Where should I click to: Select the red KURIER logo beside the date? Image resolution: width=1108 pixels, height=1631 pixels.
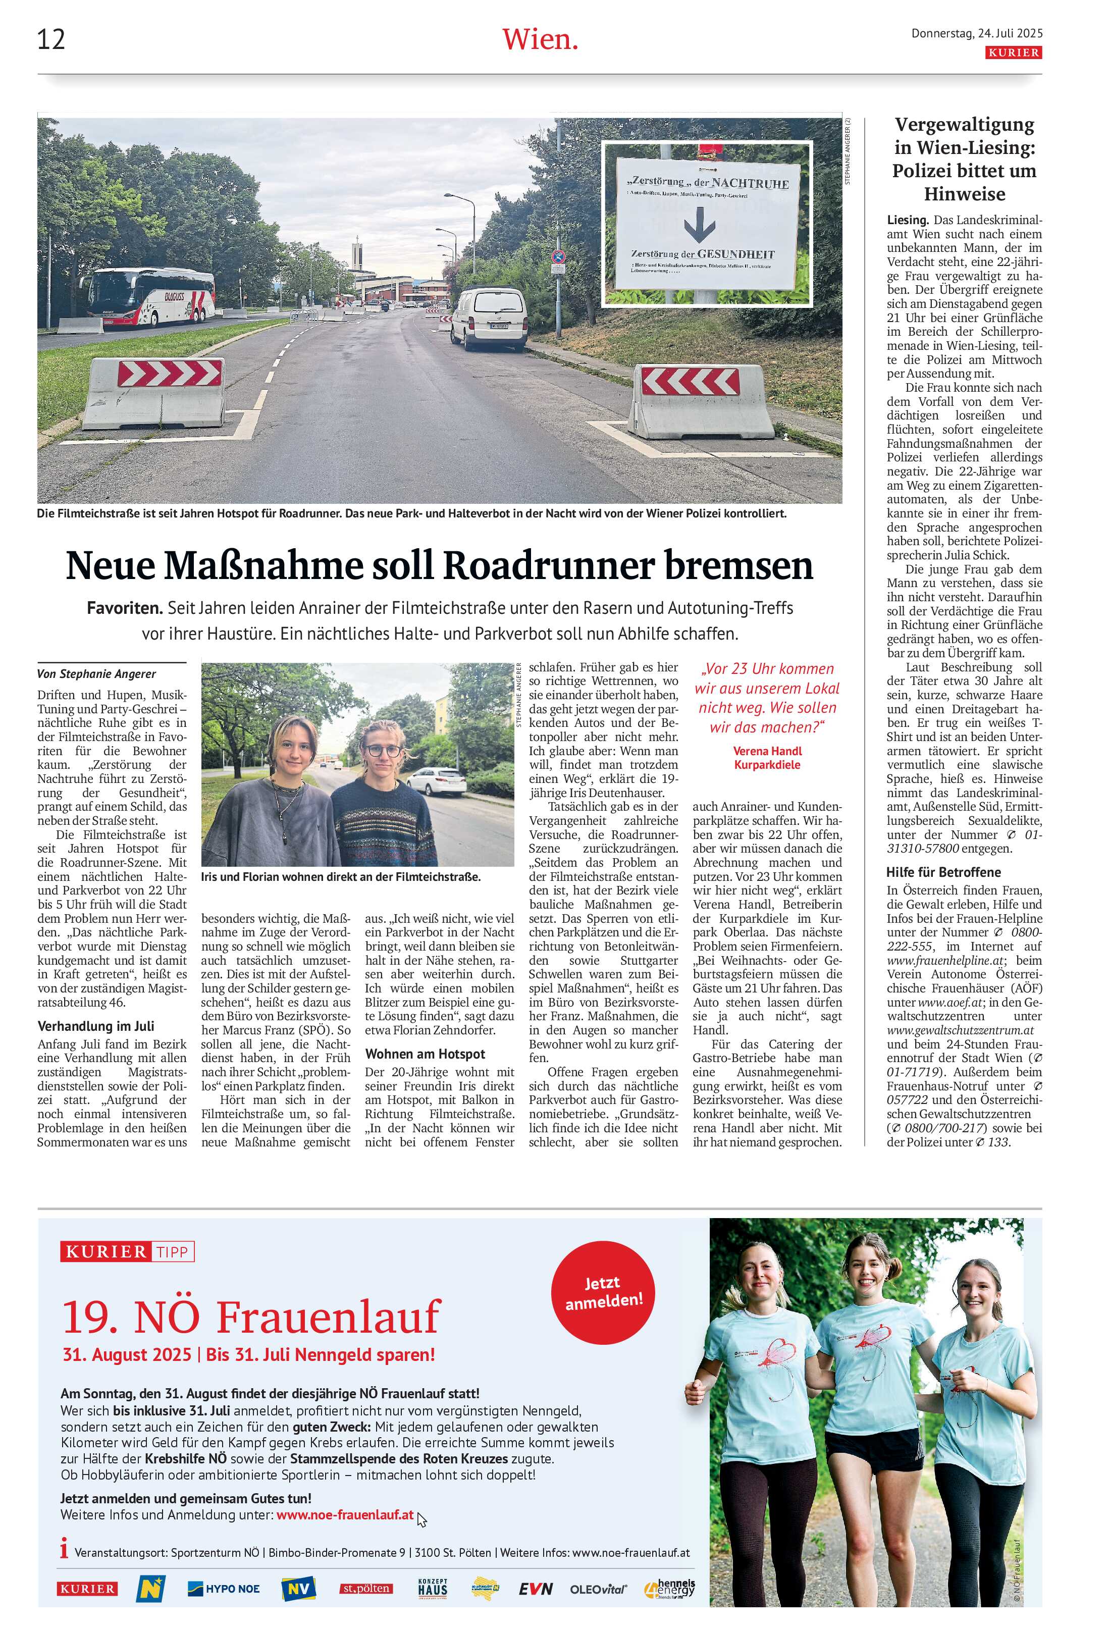1013,52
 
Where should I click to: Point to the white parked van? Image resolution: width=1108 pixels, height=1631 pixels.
490,320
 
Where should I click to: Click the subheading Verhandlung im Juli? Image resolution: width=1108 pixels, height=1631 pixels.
95,1026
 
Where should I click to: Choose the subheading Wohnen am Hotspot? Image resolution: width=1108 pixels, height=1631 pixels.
425,1054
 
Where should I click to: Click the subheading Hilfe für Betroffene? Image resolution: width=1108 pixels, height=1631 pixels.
943,872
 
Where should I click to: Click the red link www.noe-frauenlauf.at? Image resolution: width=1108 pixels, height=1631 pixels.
345,1515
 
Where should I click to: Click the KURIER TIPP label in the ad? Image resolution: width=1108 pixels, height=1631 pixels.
127,1252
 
